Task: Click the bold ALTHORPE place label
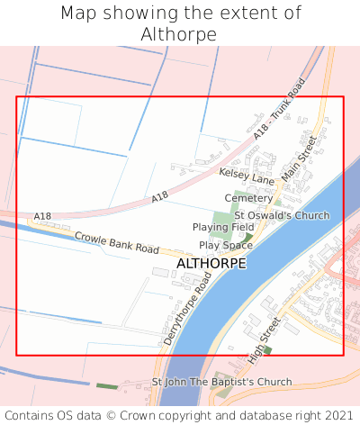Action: click(x=211, y=264)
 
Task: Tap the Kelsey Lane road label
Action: click(x=246, y=175)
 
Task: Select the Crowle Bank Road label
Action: click(x=116, y=242)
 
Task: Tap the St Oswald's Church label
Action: click(x=282, y=215)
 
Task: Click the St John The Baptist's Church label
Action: click(x=221, y=382)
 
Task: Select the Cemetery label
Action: click(x=247, y=198)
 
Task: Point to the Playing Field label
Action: click(x=223, y=228)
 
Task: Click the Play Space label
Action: click(x=226, y=245)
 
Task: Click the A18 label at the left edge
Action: click(x=42, y=216)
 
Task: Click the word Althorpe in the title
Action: click(x=179, y=34)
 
